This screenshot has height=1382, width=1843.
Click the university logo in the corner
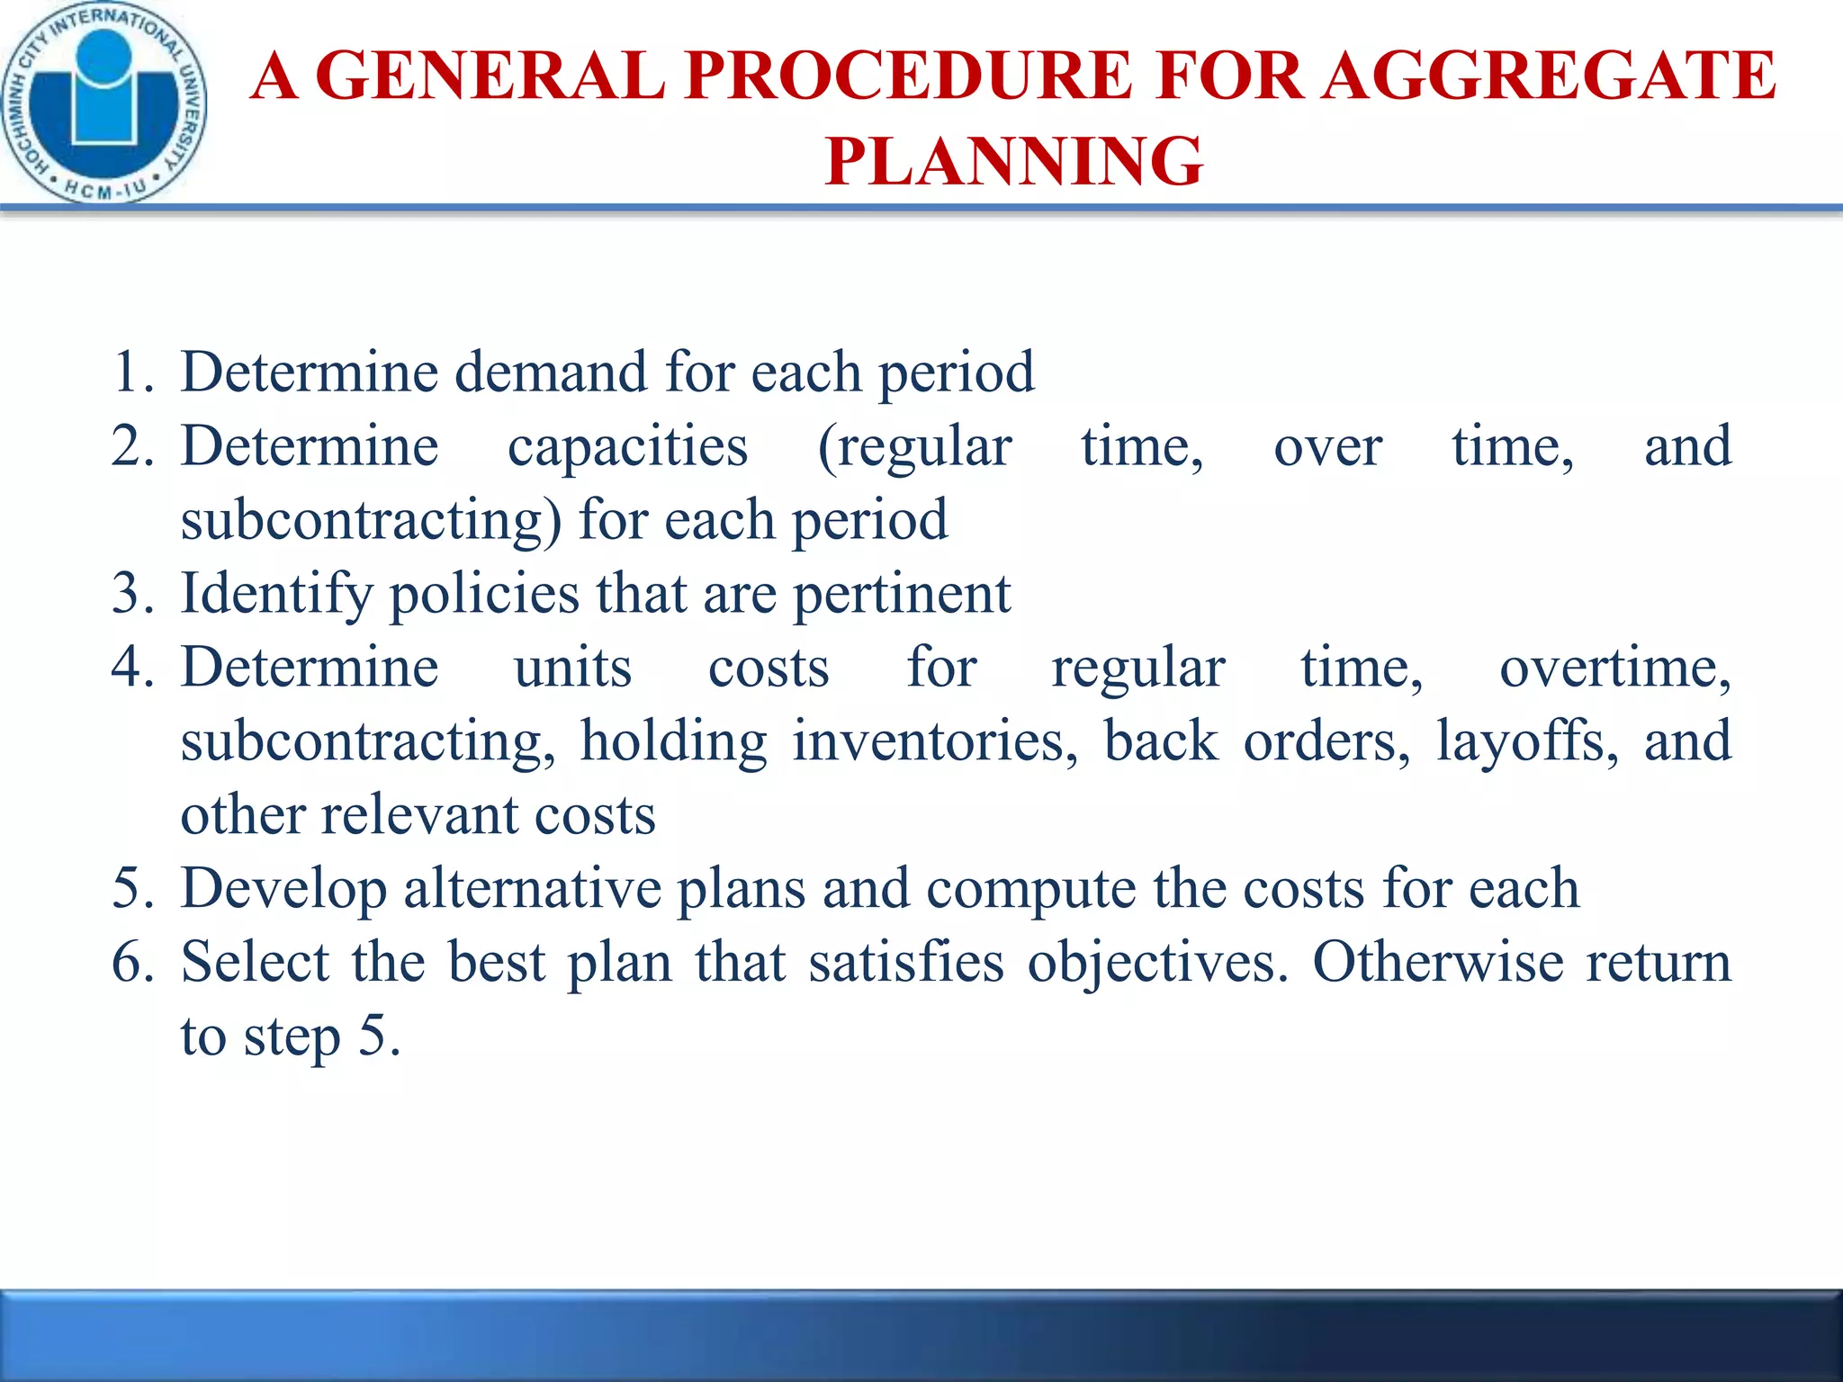(103, 102)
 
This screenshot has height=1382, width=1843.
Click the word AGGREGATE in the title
(1550, 76)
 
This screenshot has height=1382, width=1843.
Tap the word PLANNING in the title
(1013, 161)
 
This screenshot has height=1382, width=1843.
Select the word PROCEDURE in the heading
(907, 76)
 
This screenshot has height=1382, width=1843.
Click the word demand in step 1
(550, 372)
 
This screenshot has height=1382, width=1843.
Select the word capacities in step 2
(627, 446)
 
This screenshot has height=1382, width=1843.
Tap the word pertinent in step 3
(902, 595)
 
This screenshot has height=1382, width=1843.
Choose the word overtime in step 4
(1614, 669)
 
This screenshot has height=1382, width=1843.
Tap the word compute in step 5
(1031, 890)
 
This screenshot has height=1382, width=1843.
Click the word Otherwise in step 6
(1438, 962)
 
